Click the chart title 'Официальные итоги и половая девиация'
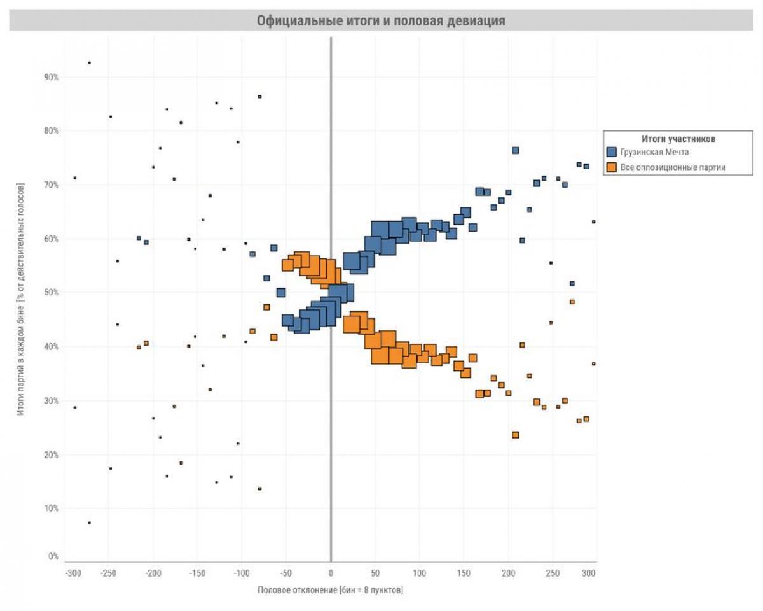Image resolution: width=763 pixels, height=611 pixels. coord(381,20)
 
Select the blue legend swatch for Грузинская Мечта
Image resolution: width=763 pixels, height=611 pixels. coord(612,152)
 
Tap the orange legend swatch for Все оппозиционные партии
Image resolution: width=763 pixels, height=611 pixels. coord(612,167)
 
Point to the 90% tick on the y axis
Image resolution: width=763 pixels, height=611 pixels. coord(51,77)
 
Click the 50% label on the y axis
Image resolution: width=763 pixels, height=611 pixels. coord(51,293)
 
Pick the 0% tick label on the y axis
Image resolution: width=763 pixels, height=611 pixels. coord(53,556)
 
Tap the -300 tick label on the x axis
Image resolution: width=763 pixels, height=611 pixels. coord(73,572)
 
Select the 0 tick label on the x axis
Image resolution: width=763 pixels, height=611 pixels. coord(331,572)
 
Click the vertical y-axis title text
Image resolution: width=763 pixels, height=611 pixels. coord(20,299)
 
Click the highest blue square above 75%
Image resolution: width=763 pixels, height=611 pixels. coord(515,151)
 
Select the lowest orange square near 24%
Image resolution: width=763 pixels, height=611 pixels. coord(515,435)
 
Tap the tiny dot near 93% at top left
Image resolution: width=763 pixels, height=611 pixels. coord(89,62)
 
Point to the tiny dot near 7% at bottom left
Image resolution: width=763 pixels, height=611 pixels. coord(89,523)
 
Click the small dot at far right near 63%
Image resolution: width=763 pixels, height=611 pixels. coord(593,221)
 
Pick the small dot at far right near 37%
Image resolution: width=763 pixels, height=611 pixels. coord(593,363)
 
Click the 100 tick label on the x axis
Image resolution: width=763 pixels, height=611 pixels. coord(419,572)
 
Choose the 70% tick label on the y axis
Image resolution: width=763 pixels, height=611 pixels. coord(51,185)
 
